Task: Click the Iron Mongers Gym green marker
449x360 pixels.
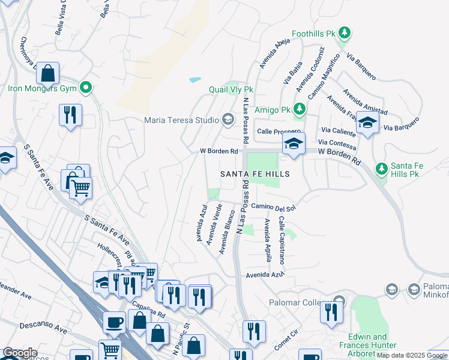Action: point(86,88)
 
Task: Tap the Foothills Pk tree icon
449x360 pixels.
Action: point(345,32)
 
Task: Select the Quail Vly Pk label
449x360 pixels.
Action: point(231,89)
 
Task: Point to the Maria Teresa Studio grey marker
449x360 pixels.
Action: point(228,120)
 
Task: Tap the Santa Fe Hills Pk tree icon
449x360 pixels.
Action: point(381,169)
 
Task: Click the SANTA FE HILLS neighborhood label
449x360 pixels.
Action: point(255,174)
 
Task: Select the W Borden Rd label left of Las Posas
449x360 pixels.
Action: point(218,151)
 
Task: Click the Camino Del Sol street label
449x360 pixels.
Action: point(274,208)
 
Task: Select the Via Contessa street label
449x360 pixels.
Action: point(337,145)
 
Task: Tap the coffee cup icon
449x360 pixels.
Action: point(113,323)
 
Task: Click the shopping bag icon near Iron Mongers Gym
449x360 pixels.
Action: point(47,73)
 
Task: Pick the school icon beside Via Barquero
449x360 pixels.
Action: point(367,123)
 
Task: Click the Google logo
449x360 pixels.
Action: point(19,353)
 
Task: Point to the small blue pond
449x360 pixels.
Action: point(195,79)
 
